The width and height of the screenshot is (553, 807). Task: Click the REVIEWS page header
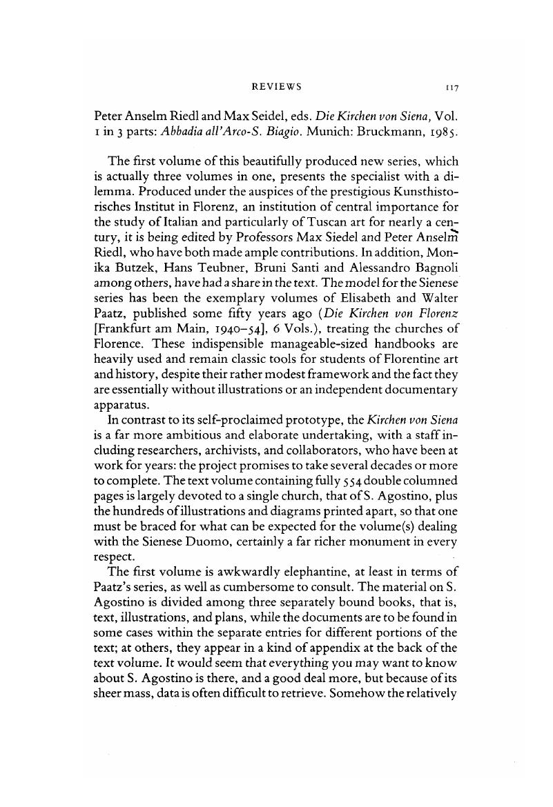click(276, 88)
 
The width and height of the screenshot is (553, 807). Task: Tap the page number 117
click(452, 88)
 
